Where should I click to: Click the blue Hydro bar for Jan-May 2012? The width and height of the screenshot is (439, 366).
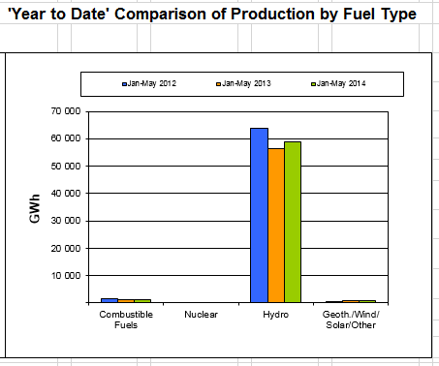tap(259, 215)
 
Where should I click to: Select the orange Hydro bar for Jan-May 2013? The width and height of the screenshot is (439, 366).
tap(276, 226)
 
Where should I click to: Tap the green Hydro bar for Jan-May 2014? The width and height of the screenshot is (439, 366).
tap(293, 222)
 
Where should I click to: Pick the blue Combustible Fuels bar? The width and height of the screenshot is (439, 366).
tap(110, 300)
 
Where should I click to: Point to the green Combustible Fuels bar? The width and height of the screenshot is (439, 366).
tap(142, 301)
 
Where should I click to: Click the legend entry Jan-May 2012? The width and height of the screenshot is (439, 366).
tap(149, 84)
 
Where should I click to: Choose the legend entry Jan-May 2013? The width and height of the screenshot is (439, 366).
tap(243, 84)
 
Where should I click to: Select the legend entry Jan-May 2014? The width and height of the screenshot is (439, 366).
tap(338, 84)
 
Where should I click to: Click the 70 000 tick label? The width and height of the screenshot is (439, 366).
tap(66, 111)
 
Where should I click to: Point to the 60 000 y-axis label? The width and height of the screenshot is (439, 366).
tap(66, 138)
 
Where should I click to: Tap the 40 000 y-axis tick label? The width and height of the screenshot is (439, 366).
tap(66, 194)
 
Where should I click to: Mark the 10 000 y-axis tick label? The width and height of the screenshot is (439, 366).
tap(66, 276)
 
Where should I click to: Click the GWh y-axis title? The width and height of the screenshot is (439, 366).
tap(35, 208)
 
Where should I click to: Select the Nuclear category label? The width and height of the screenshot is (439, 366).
tap(201, 315)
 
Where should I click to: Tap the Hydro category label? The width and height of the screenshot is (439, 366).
tap(275, 315)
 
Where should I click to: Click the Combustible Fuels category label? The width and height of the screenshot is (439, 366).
tap(126, 320)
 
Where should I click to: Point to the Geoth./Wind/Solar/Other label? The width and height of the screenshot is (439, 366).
tap(351, 320)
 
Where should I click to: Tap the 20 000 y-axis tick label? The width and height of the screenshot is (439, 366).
tap(66, 249)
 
